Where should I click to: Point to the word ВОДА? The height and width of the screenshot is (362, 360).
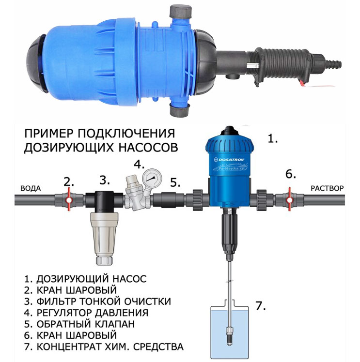(31, 189)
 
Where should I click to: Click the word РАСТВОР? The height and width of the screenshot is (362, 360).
(327, 188)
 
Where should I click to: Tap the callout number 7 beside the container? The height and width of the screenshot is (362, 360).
(260, 306)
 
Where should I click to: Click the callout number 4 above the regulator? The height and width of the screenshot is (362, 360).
(140, 164)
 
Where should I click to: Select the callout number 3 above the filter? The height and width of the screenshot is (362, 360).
(105, 180)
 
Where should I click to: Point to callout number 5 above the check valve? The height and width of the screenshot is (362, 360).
(175, 182)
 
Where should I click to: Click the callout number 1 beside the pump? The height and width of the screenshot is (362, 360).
(273, 138)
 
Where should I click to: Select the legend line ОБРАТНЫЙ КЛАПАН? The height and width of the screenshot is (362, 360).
(79, 324)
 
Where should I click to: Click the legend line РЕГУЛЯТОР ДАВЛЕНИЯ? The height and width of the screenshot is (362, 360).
(86, 313)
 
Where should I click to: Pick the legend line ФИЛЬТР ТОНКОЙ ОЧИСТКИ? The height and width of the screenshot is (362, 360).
(97, 302)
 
